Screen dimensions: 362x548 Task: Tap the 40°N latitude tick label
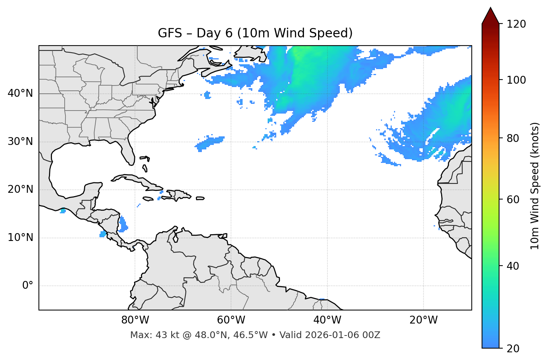(20, 93)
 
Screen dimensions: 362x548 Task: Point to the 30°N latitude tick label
(20, 142)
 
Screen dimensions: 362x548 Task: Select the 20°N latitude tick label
(20, 189)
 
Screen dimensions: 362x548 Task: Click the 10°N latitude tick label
(20, 238)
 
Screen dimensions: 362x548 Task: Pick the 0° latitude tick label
(28, 286)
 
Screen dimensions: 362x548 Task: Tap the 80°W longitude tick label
(135, 320)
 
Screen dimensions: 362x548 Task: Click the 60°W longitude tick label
(231, 320)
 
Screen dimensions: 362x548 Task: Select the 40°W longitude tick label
(327, 320)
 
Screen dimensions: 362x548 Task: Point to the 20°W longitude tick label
(424, 320)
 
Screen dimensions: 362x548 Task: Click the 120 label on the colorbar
(516, 24)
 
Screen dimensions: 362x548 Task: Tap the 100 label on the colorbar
(516, 80)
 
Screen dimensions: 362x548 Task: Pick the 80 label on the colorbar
(514, 138)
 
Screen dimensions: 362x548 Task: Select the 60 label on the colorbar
(514, 199)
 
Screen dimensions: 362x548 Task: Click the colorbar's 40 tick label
(514, 266)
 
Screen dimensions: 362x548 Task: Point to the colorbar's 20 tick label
(514, 349)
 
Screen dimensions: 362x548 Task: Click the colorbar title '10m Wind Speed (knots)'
(535, 186)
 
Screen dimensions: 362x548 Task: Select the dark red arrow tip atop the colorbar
(490, 15)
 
